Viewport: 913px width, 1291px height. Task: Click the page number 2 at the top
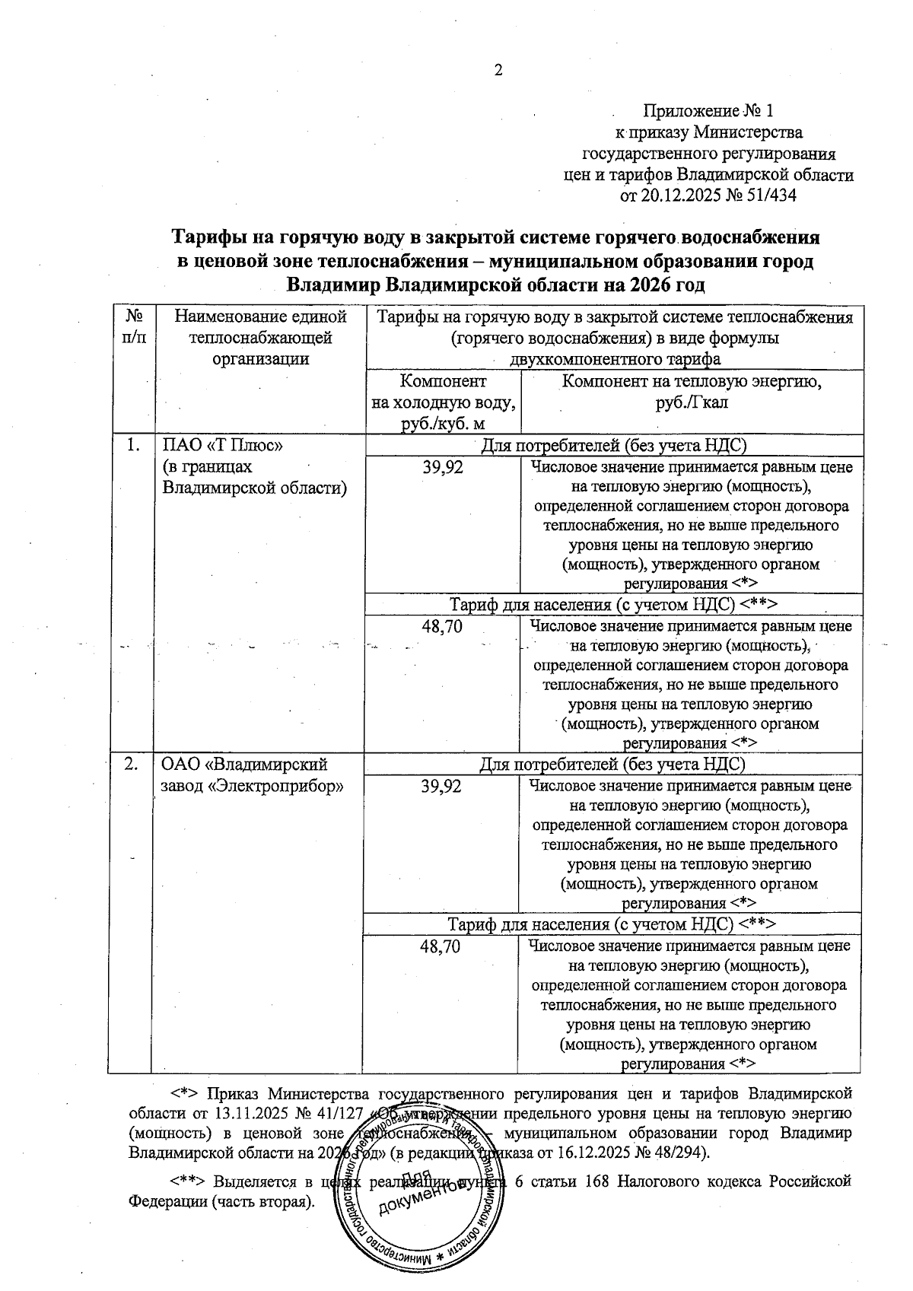point(499,71)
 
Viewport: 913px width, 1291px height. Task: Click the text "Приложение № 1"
point(708,111)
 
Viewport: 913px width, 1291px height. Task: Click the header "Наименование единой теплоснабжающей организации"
point(260,337)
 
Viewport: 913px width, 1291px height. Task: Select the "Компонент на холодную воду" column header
point(443,402)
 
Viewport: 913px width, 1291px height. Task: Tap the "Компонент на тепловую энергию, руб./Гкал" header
point(691,391)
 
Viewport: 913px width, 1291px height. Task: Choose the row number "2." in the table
point(132,765)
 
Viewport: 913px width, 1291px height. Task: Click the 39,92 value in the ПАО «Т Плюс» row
point(443,467)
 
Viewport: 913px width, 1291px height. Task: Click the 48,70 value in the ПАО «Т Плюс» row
point(442,627)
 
